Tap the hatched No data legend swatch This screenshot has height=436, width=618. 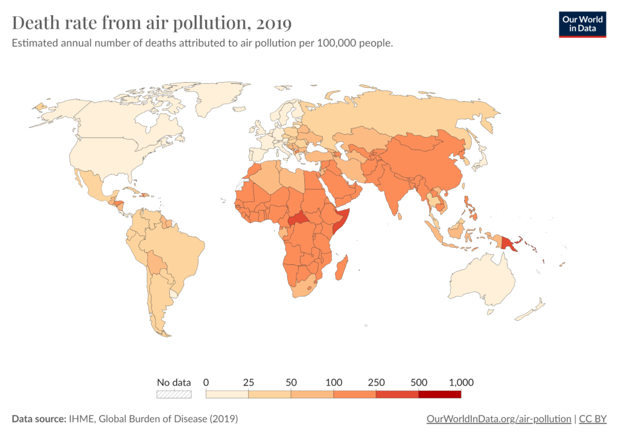[x=174, y=394]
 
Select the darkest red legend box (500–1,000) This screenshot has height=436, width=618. [x=439, y=394]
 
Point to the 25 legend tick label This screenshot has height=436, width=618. [x=249, y=382]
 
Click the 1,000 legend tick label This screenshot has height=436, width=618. [x=460, y=382]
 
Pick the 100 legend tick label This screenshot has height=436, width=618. [x=333, y=382]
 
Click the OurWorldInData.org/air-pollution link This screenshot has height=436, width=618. [x=499, y=419]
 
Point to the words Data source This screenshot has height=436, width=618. [x=38, y=419]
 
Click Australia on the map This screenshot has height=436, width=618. [x=483, y=280]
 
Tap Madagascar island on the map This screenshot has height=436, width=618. [x=342, y=268]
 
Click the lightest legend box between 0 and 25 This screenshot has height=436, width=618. [x=228, y=394]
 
